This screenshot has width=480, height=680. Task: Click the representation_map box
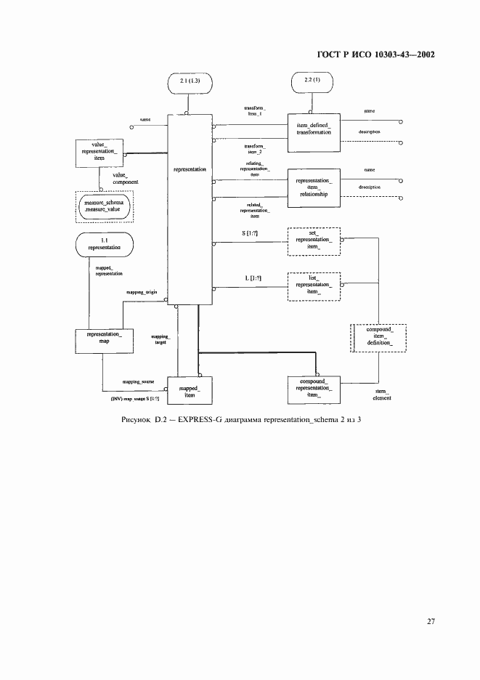99,340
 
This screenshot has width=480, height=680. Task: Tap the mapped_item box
189,389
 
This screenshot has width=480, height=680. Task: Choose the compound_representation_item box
313,389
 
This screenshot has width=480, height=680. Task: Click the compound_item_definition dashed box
378,338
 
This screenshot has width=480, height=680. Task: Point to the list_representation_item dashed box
313,286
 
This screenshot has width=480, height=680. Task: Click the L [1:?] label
251,278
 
